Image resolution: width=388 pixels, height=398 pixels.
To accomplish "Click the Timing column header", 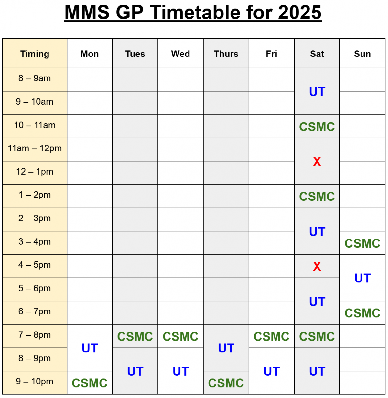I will (35, 54).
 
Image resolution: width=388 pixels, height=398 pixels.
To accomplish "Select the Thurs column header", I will (226, 54).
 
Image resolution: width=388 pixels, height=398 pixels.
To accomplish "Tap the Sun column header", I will (362, 54).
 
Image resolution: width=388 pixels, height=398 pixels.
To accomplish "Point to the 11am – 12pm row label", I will (35, 148).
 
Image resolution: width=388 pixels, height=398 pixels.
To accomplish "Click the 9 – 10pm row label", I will (35, 382).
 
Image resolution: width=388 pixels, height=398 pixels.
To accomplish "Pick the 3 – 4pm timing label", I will (35, 242).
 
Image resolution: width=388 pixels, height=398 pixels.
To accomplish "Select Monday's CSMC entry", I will (90, 383).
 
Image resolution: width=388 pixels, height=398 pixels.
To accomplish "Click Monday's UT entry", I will (90, 348).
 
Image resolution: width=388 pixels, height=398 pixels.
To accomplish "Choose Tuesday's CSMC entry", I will (135, 337).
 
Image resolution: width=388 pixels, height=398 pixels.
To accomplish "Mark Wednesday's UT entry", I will (180, 372).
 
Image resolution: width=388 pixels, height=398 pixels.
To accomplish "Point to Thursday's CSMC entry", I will (226, 383).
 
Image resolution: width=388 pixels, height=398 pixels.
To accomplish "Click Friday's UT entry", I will (272, 372).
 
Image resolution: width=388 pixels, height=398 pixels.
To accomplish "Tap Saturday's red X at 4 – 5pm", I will (317, 267).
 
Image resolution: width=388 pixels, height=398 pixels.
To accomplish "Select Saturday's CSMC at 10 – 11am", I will (317, 127).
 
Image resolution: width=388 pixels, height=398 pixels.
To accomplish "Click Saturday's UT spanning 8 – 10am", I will (317, 92).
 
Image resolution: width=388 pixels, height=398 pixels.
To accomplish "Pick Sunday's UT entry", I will (362, 278).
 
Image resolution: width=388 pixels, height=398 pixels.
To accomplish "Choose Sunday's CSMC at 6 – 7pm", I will (362, 313).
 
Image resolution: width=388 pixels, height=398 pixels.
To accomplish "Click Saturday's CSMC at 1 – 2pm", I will (317, 197).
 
